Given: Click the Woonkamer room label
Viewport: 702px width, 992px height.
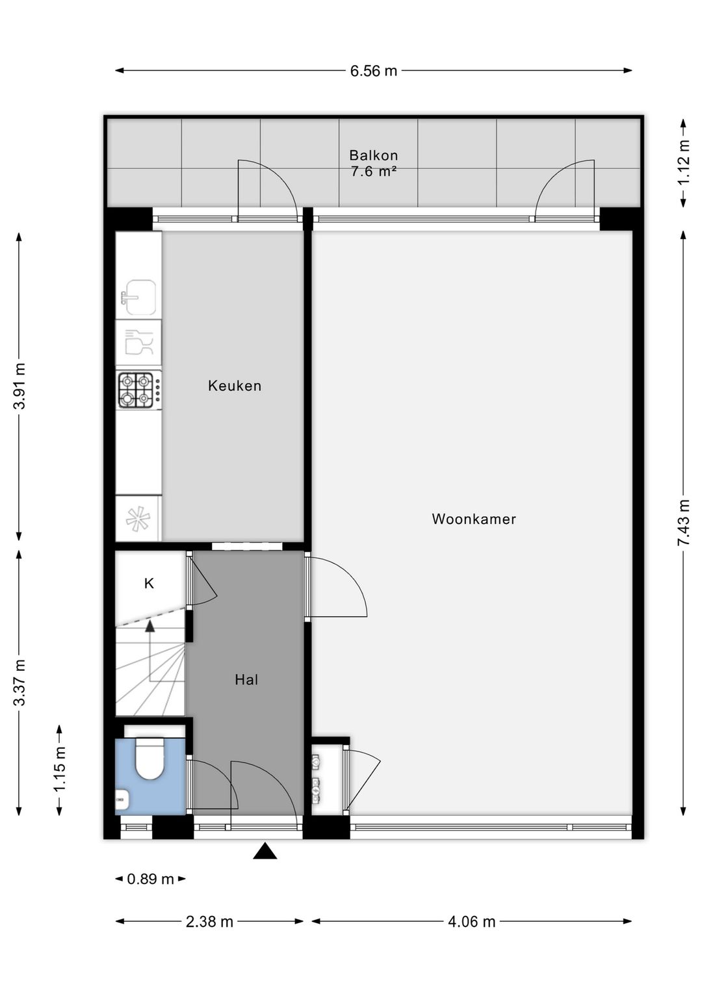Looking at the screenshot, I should click(474, 519).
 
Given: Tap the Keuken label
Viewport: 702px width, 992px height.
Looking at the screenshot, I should click(235, 385).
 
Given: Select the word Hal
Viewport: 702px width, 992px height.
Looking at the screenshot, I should click(246, 679).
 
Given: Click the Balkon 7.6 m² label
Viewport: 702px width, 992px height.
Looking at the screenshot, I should click(374, 163).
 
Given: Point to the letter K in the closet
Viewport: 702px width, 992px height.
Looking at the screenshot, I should click(149, 584).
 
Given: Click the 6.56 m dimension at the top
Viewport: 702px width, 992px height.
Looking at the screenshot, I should click(374, 71).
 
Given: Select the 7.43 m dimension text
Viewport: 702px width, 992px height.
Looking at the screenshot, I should click(683, 523).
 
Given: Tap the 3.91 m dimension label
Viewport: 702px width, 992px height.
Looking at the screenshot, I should click(20, 386).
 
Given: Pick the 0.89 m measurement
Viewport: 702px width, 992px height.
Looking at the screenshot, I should click(150, 879).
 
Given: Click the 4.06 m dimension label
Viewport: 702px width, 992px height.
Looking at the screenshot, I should click(471, 921).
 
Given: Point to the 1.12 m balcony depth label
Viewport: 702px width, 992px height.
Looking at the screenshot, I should click(683, 163).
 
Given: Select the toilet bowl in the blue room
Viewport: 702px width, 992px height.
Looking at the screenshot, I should click(149, 759).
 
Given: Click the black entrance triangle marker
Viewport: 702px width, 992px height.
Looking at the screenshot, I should click(265, 852).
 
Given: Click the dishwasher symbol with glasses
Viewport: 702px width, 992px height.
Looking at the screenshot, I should click(138, 342).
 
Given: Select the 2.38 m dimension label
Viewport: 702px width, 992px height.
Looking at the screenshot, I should click(209, 921).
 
